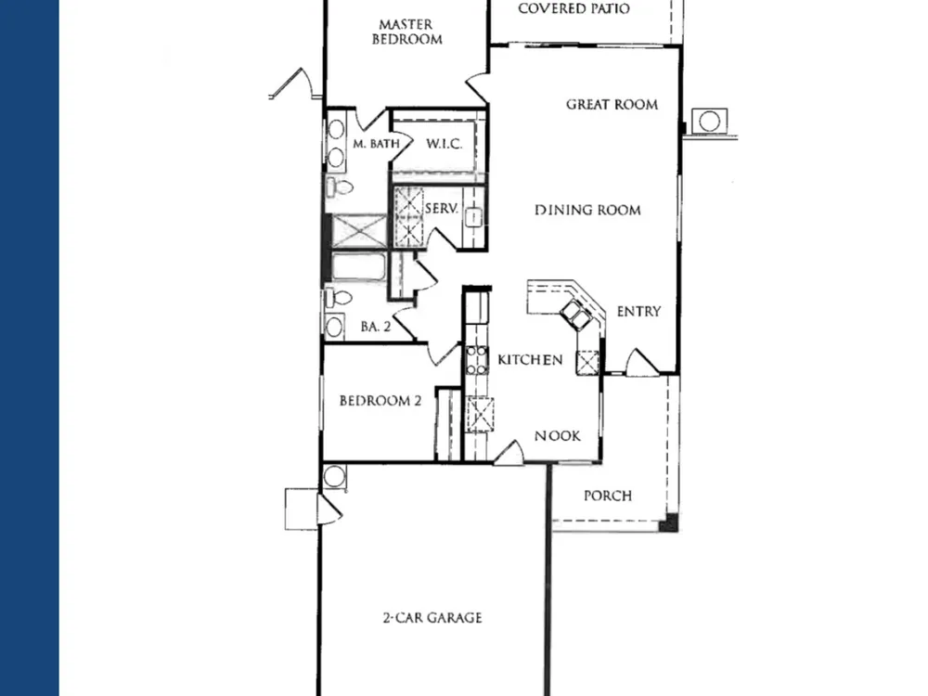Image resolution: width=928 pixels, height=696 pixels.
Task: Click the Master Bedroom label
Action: point(406,32)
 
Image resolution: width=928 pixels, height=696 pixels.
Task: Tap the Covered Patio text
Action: point(574,8)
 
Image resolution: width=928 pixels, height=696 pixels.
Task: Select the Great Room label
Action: point(612,105)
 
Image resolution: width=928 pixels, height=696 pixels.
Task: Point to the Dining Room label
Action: point(587,210)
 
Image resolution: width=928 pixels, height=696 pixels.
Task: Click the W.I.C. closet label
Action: point(445,144)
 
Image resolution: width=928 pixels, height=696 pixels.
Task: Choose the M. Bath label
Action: point(376,144)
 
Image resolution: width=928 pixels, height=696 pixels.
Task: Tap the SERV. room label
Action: point(442,208)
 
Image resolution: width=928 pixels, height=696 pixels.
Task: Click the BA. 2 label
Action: point(376,327)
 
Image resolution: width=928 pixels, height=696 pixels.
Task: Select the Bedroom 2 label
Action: point(380,401)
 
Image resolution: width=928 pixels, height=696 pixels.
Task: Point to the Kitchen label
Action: point(530,360)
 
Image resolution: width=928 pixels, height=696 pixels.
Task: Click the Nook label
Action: point(558,436)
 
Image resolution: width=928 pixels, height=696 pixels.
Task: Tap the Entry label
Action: point(638,311)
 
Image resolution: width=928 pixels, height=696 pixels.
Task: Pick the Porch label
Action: point(608,496)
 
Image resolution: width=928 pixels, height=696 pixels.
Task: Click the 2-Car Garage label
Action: point(432,618)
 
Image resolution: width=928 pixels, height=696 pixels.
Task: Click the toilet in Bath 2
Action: point(338,298)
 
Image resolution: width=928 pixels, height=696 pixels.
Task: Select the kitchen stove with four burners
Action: point(476,360)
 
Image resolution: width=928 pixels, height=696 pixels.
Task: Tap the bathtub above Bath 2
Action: point(358,267)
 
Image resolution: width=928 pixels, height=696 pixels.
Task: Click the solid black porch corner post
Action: point(669,523)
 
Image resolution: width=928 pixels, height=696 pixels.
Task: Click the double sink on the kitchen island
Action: point(575,314)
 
